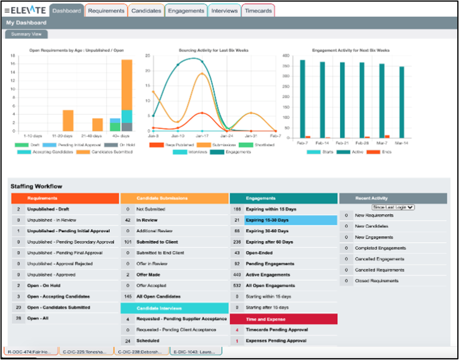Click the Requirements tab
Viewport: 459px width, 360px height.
106,10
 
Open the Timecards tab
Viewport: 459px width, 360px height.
259,10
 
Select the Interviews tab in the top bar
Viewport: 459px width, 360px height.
225,10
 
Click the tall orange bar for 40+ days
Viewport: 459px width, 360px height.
127,84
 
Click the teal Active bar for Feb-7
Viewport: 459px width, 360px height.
302,99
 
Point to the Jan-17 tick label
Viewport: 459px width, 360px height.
203,136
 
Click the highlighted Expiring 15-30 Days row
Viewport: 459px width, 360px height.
283,220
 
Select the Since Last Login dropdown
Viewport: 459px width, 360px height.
393,207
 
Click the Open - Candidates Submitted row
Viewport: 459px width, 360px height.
59,307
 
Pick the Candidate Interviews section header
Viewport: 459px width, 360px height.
175,308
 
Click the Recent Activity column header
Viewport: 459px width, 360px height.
393,198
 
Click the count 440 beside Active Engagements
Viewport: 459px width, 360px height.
237,274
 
